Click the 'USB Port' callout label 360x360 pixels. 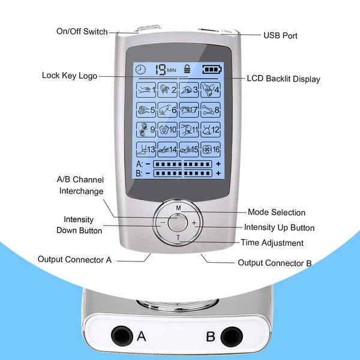280,35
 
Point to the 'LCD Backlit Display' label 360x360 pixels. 284,79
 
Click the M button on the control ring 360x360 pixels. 178,207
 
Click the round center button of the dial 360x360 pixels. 178,223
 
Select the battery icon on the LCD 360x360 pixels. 212,69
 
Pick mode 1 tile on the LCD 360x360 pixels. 148,91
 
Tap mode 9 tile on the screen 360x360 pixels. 148,129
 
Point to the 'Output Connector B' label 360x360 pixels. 275,262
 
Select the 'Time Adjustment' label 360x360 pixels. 272,242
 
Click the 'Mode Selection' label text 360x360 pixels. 277,212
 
